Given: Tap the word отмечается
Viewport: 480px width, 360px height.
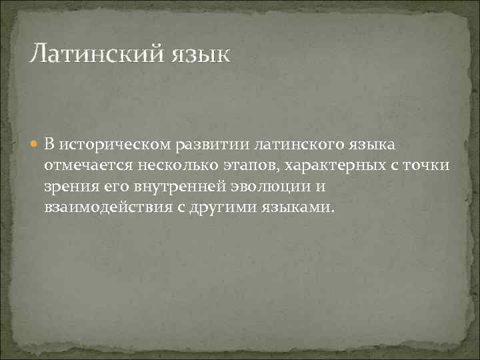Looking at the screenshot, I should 85,165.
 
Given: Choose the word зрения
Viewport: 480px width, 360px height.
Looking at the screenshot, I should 69,185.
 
